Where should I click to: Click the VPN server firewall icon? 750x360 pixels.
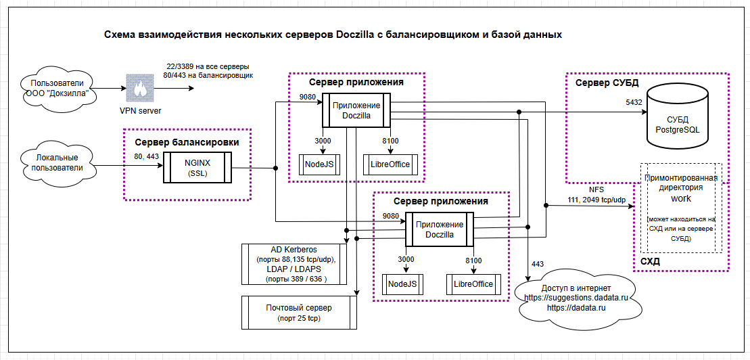click(x=141, y=88)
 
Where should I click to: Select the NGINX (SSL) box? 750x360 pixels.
click(x=197, y=167)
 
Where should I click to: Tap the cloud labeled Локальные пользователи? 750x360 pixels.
click(x=57, y=163)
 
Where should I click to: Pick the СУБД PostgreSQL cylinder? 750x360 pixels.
click(x=677, y=117)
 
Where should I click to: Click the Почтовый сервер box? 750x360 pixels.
click(x=299, y=312)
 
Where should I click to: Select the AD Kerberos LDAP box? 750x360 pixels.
click(x=294, y=265)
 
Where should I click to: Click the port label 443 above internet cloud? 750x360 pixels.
click(x=538, y=264)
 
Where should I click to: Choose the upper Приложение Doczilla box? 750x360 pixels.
click(x=356, y=110)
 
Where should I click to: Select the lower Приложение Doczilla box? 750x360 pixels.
click(x=440, y=229)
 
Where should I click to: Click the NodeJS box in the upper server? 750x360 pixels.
click(x=319, y=165)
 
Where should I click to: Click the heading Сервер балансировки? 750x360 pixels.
click(x=187, y=142)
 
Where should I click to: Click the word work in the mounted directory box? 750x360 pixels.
click(x=681, y=198)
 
